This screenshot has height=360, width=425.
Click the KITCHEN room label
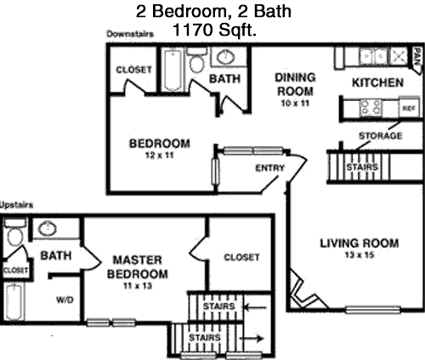pyautogui.click(x=377, y=82)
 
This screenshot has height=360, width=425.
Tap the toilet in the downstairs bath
pyautogui.click(x=197, y=61)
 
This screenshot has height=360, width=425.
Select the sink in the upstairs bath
pyautogui.click(x=48, y=228)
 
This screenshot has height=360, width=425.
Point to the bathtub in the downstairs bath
pyautogui.click(x=173, y=70)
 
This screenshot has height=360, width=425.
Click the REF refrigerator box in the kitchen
pyautogui.click(x=409, y=108)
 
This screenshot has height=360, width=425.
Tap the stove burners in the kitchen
pyautogui.click(x=371, y=108)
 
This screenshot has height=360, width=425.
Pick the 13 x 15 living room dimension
pyautogui.click(x=360, y=256)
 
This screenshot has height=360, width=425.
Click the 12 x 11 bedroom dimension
pyautogui.click(x=159, y=155)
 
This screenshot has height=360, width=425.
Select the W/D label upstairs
pyautogui.click(x=65, y=300)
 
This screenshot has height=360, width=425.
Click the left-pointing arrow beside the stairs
pyautogui.click(x=255, y=307)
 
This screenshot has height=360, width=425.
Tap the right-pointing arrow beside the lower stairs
pyautogui.click(x=252, y=338)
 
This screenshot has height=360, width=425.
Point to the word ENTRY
pyautogui.click(x=269, y=168)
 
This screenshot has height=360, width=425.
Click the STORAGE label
pyautogui.click(x=380, y=136)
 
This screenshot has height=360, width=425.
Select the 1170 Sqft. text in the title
pyautogui.click(x=214, y=30)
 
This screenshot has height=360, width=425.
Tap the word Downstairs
pyautogui.click(x=130, y=34)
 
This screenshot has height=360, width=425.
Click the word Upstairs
pyautogui.click(x=16, y=205)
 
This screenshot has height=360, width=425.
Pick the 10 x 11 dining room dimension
pyautogui.click(x=295, y=103)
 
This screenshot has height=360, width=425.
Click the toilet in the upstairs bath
pyautogui.click(x=14, y=233)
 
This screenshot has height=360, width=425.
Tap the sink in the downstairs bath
pyautogui.click(x=226, y=57)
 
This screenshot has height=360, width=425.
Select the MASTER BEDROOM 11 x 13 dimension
pyautogui.click(x=138, y=286)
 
